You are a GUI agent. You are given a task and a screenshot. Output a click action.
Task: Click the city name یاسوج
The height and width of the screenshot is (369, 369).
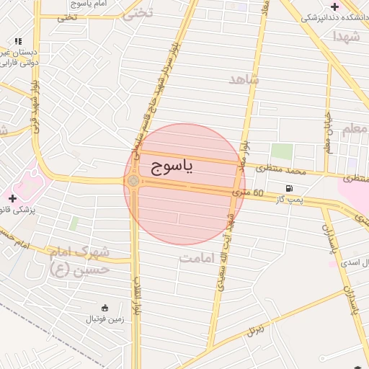(173, 167)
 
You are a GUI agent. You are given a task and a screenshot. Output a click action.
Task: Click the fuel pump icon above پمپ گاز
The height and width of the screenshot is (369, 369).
(289, 188)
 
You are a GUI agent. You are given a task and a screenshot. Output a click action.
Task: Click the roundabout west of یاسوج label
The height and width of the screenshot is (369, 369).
(133, 180)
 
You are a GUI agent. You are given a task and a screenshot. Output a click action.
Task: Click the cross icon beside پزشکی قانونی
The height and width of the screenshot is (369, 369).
(12, 197)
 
